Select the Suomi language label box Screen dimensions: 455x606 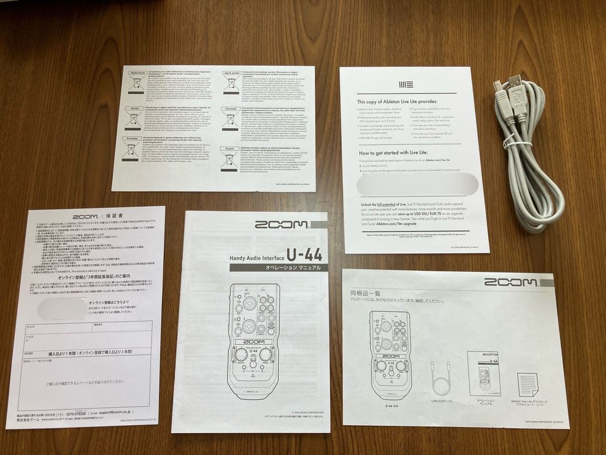point(229,148)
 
